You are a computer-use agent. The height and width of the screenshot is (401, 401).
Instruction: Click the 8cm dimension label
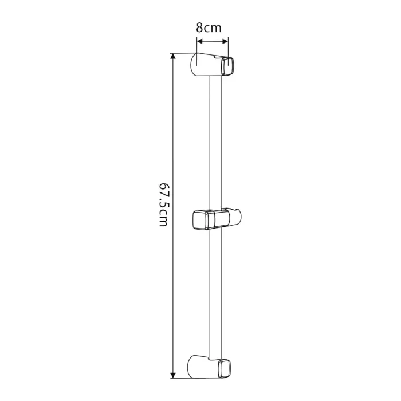(x=209, y=28)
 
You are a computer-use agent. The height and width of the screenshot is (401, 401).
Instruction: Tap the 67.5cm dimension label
(x=163, y=205)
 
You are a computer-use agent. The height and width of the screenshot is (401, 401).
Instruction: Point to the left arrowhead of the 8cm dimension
(x=200, y=41)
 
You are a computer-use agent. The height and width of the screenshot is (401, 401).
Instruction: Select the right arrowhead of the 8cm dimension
(x=225, y=41)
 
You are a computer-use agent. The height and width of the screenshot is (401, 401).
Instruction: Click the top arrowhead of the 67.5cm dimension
(x=173, y=56)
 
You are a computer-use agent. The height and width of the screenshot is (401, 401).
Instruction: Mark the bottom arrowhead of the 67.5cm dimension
(x=173, y=375)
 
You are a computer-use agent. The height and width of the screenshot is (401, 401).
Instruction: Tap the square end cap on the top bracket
(x=227, y=66)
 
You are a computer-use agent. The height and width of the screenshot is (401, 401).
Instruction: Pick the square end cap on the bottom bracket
(x=225, y=368)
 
